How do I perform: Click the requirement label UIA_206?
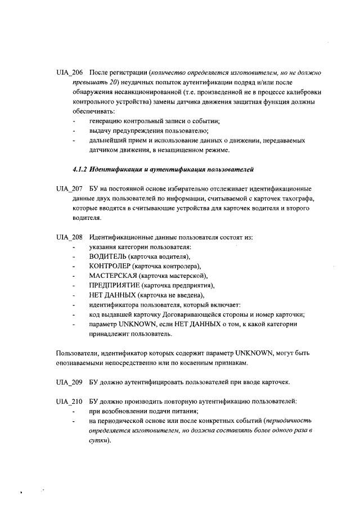coord(70,73)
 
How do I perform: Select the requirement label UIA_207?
coord(70,188)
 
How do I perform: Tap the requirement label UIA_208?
coord(70,237)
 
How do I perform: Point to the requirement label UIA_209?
coord(70,382)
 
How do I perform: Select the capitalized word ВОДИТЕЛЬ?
coord(107,256)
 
